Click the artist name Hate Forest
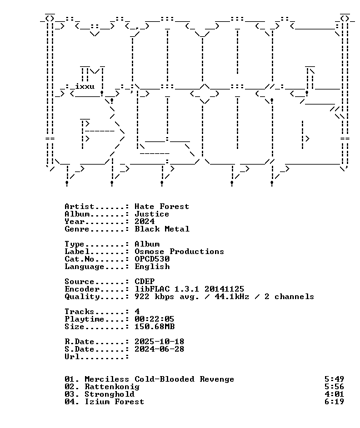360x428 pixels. (x=162, y=206)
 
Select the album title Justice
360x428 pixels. (x=152, y=214)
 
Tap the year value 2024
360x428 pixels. (x=144, y=222)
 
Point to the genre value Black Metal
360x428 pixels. (x=162, y=229)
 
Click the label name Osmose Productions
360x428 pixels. (x=179, y=252)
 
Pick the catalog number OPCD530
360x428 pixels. (x=152, y=259)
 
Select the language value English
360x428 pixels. (x=152, y=267)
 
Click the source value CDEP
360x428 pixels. (x=144, y=282)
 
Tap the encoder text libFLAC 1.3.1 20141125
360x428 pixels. (x=189, y=289)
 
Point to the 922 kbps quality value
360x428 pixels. (x=154, y=297)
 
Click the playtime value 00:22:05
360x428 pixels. (x=154, y=319)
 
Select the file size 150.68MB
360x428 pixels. (x=154, y=327)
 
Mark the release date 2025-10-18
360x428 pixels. (x=159, y=342)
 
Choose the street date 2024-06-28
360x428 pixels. (x=159, y=349)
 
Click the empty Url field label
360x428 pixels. (x=97, y=357)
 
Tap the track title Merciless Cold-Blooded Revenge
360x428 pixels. (x=159, y=379)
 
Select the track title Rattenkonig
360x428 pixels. (x=112, y=387)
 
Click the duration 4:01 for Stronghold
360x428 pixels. (x=334, y=394)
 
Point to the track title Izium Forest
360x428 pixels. (x=114, y=402)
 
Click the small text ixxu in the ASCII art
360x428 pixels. (x=85, y=86)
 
